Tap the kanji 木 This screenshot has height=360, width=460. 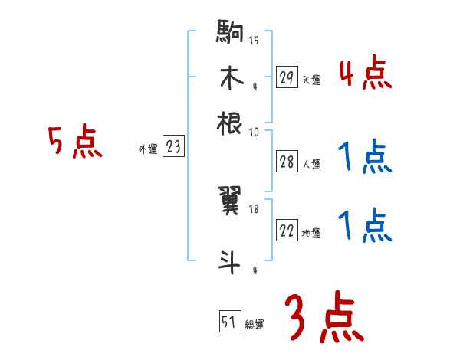pos(231,77)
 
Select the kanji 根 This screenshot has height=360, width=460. pos(231,122)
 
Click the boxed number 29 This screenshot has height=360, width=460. pos(287,77)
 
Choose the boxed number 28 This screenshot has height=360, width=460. pos(287,162)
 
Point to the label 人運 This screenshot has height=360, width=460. pos(311,164)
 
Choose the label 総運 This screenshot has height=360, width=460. pos(255,324)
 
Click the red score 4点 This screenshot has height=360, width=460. pos(365,75)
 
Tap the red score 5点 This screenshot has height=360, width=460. pos(74,142)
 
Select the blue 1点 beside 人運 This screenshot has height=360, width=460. pos(365,159)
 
